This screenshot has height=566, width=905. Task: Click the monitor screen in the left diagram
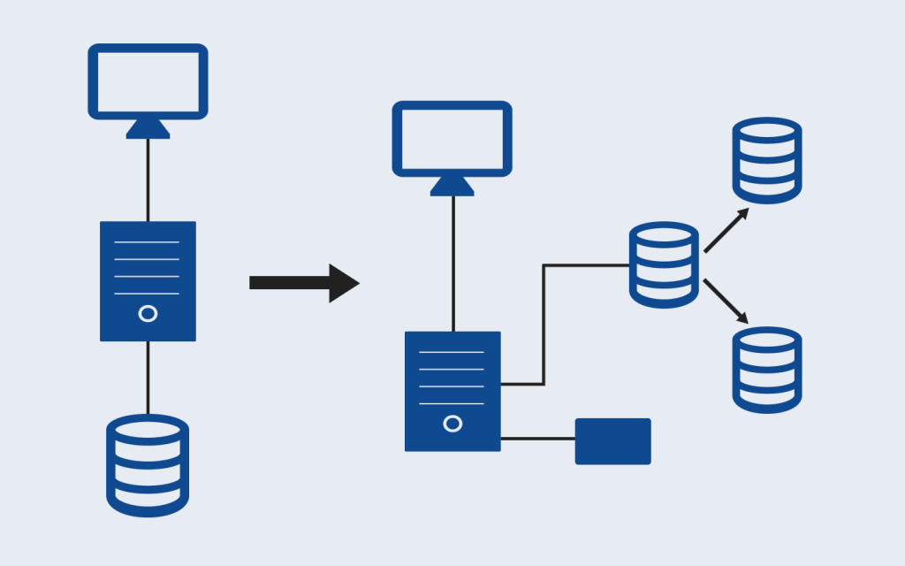click(x=148, y=80)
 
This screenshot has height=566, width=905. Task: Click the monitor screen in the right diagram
click(x=452, y=138)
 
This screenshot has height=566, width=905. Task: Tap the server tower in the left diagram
click(x=148, y=280)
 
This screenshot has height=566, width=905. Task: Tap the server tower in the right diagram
click(x=452, y=391)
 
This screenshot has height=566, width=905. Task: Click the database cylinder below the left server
click(x=148, y=465)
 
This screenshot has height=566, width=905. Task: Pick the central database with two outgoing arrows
click(x=664, y=264)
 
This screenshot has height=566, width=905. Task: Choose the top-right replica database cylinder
click(x=766, y=160)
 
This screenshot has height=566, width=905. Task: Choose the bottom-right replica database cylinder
click(x=766, y=370)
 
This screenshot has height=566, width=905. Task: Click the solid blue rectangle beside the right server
click(x=612, y=441)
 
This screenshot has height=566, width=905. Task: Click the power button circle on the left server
click(x=148, y=314)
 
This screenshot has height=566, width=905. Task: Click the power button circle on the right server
click(x=452, y=424)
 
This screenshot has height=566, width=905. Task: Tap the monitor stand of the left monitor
click(x=148, y=129)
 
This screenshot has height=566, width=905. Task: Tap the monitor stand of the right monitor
click(x=452, y=186)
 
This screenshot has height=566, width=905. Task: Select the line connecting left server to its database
click(x=148, y=378)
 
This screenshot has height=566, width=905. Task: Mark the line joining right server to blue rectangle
click(x=537, y=439)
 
